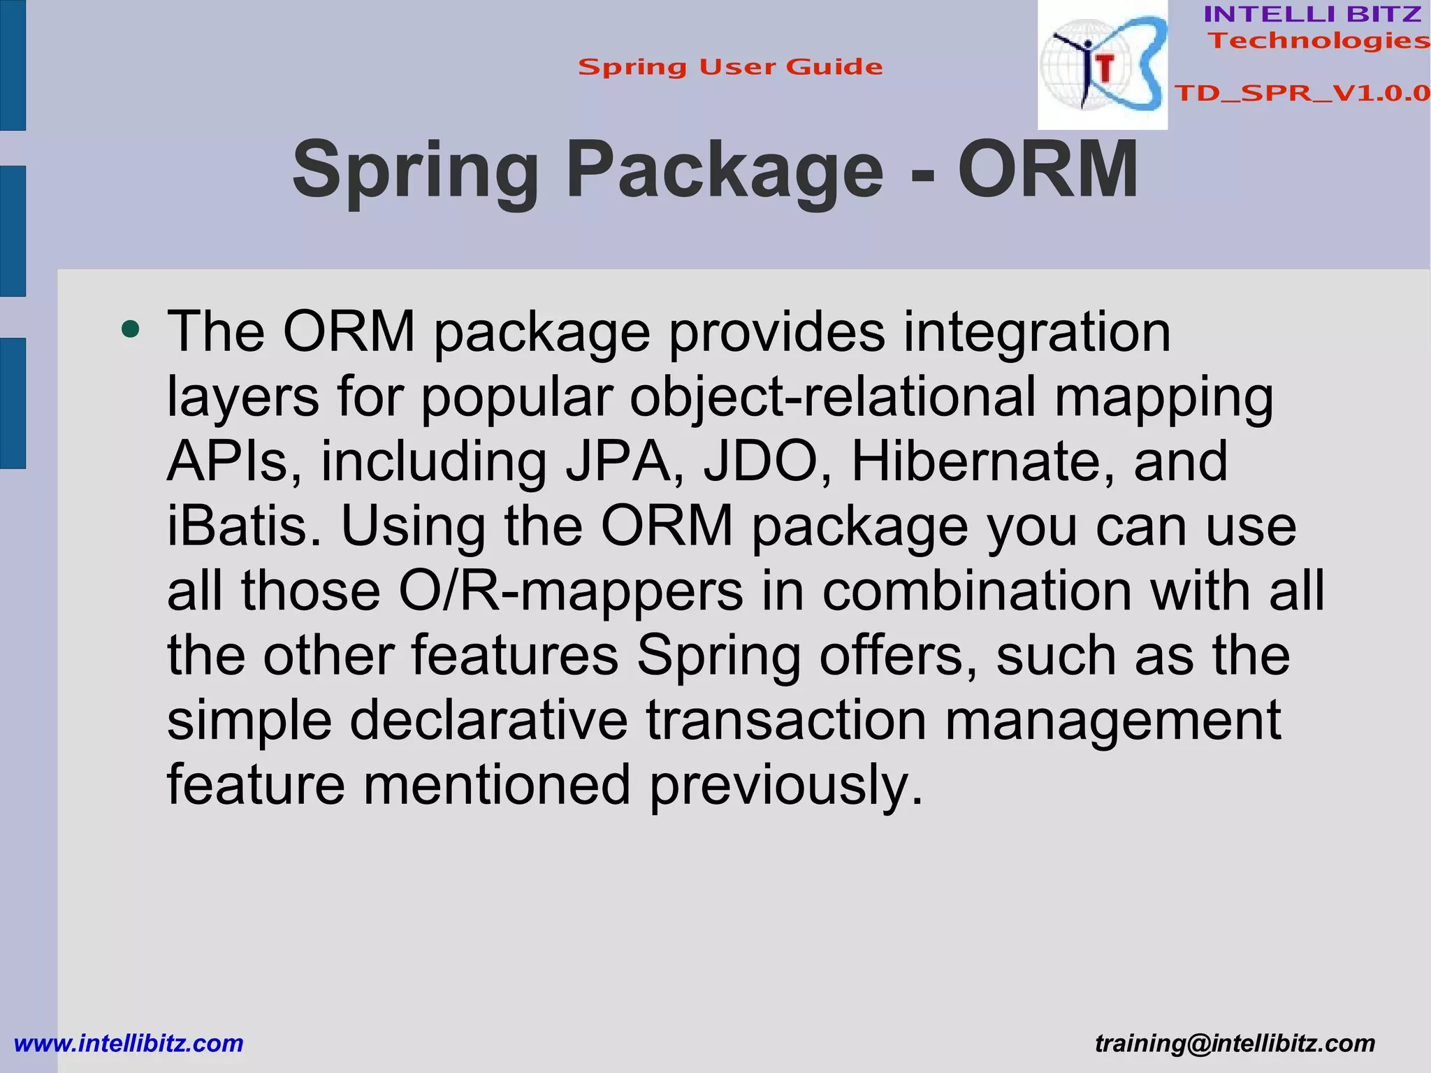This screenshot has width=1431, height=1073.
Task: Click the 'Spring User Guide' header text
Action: [x=730, y=67]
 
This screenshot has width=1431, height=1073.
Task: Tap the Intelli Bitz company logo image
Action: [x=1102, y=65]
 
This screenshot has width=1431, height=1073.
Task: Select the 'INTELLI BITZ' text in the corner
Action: [x=1312, y=14]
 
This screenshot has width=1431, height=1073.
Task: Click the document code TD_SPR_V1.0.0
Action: [x=1302, y=93]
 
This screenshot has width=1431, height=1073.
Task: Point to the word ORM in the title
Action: [x=1048, y=170]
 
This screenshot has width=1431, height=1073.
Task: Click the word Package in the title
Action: [x=725, y=171]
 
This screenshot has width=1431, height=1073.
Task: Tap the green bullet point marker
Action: [x=130, y=329]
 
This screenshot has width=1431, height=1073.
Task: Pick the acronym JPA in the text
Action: [x=617, y=461]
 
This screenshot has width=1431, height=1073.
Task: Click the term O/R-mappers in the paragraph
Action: [x=570, y=591]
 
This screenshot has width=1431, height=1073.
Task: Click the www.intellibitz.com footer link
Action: [x=129, y=1044]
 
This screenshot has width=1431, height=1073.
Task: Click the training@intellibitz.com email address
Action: [x=1235, y=1044]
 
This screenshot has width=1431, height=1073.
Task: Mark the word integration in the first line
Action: [x=1036, y=332]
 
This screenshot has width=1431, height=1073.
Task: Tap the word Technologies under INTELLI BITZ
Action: [x=1319, y=41]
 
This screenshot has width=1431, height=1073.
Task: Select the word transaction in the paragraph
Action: [x=786, y=720]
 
